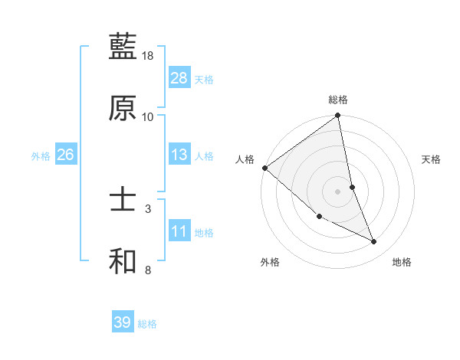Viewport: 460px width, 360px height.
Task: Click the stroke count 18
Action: click(149, 56)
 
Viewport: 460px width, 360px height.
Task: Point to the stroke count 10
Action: click(149, 117)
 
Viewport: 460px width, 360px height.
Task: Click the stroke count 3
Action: click(149, 208)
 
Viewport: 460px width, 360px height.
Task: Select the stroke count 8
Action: click(149, 270)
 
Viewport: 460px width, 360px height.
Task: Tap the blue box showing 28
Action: click(179, 78)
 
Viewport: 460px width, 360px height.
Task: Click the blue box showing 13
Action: click(179, 155)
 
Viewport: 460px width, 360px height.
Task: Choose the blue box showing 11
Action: click(179, 231)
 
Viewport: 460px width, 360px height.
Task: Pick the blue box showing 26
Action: click(65, 155)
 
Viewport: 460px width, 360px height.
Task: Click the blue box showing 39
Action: click(123, 322)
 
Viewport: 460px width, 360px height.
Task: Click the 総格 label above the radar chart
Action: click(338, 99)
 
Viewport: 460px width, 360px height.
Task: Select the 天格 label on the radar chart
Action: click(432, 159)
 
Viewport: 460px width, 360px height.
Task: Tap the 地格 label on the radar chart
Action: click(402, 263)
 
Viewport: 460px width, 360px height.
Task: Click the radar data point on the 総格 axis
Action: click(338, 116)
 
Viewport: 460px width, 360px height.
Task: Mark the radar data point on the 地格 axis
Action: click(374, 242)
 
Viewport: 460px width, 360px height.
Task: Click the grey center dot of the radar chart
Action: click(338, 191)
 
